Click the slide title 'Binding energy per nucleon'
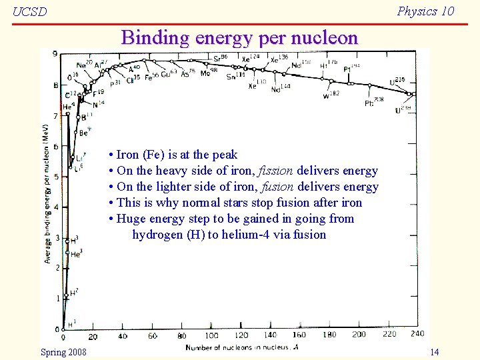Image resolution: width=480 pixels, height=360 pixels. pos(239,37)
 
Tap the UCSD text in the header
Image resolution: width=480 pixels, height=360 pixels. pos(30,12)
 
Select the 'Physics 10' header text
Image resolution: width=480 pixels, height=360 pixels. pos(425,11)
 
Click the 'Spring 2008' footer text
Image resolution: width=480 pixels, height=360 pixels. pos(63,351)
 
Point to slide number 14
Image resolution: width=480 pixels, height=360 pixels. pos(434,351)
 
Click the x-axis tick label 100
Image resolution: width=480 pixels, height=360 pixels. pos(211,336)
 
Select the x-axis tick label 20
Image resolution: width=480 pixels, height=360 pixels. pos(93,336)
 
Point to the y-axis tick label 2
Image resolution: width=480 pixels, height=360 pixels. pos(57,267)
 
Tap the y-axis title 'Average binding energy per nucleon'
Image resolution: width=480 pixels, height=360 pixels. pos(47,193)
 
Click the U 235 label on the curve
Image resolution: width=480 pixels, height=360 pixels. pos(398,81)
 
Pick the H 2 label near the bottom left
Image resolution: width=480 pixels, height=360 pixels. pos(74,292)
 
